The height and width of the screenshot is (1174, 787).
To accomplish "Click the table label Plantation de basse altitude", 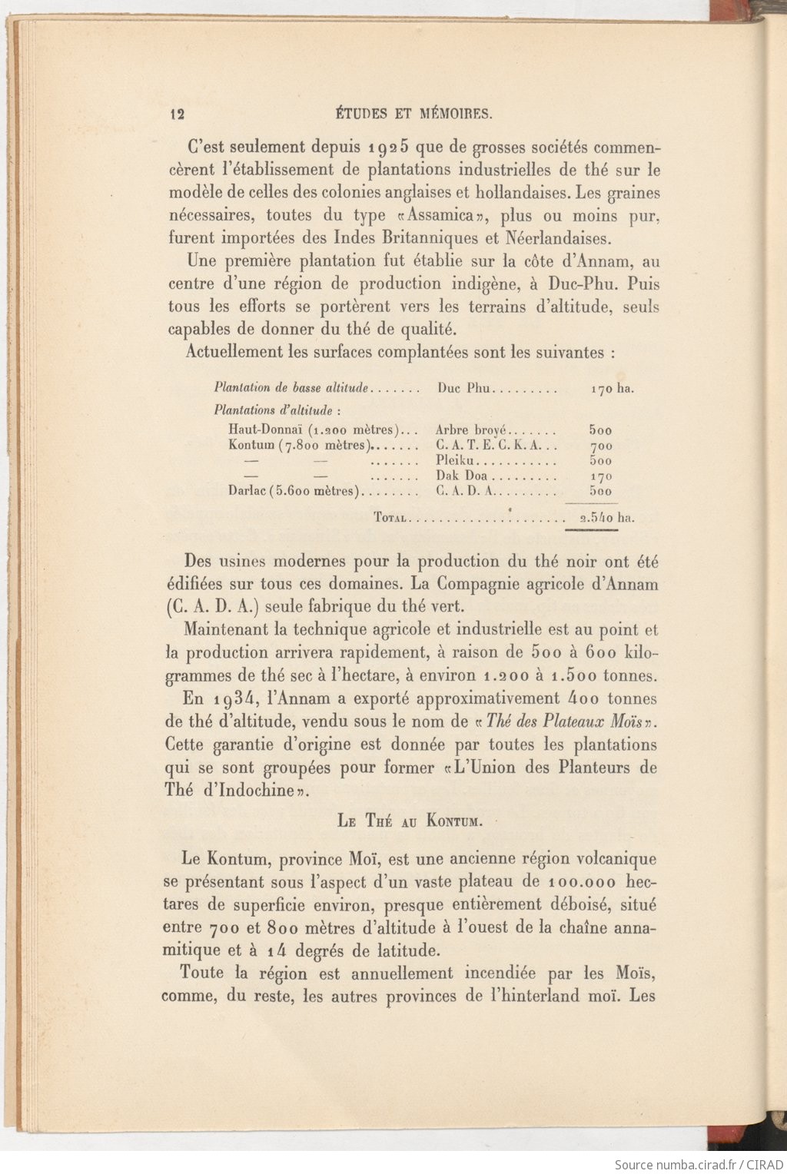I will click(293, 388).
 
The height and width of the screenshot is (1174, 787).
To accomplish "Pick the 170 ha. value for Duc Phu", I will click(612, 389).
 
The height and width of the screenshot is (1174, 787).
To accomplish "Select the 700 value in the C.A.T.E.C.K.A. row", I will click(600, 446).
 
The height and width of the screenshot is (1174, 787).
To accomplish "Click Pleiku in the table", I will click(457, 461).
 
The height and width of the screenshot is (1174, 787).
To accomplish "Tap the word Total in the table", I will click(390, 518).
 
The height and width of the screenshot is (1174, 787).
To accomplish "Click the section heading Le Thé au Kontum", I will click(410, 821).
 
